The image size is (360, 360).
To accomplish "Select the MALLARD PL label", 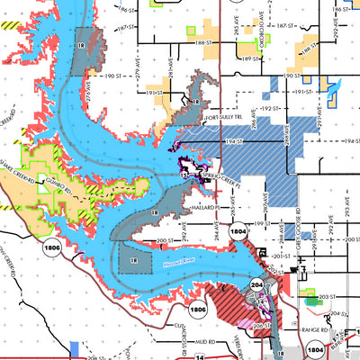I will [x=212, y=206].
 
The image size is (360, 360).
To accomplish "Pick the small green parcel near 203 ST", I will [x=309, y=295].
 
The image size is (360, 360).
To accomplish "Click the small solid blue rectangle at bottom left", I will [x=76, y=349].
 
